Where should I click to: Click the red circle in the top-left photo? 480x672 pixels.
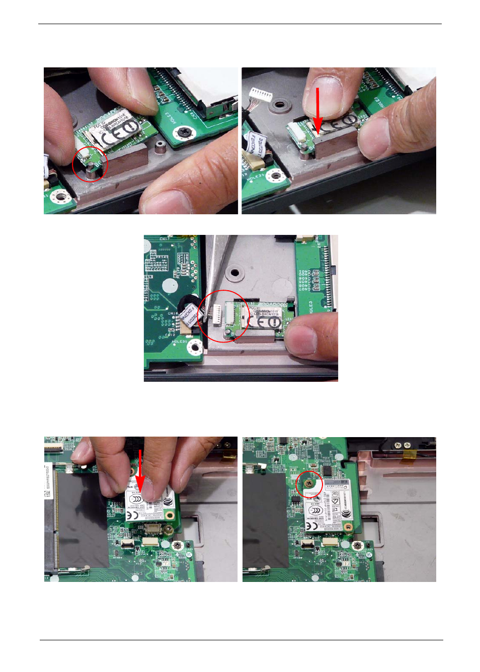coord(90,164)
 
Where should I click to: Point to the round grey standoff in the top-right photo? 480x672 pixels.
coord(278,106)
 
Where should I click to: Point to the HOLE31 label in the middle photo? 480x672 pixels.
coord(180,342)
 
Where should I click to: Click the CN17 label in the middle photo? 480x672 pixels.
coord(165,239)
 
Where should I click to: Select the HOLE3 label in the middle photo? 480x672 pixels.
coord(310,307)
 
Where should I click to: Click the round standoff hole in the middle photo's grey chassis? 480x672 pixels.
coord(233,274)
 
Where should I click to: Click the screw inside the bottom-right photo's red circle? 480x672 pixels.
coord(308,483)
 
